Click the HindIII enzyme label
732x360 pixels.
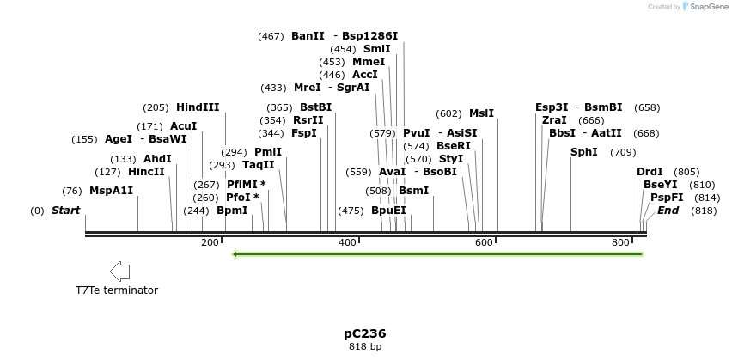pos(198,107)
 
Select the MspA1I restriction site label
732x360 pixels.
pos(112,191)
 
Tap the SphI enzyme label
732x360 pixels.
pos(584,152)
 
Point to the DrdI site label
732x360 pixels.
pos(650,172)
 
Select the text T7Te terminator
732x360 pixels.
pos(117,290)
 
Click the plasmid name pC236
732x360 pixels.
pos(365,333)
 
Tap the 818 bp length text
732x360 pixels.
pos(365,346)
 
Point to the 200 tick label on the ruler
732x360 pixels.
pos(210,243)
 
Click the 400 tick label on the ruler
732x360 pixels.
pos(347,243)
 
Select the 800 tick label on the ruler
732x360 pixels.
pos(621,243)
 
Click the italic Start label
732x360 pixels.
pos(66,211)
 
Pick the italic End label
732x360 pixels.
pos(668,211)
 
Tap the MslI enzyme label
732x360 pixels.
pos(481,113)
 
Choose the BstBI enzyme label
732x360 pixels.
pos(315,107)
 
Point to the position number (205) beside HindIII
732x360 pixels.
pos(156,107)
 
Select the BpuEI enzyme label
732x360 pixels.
pos(388,211)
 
